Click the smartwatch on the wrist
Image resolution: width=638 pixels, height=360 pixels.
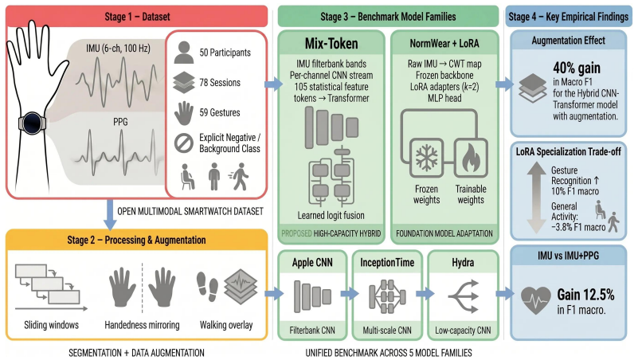point(33,123)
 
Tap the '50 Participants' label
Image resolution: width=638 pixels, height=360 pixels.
point(225,53)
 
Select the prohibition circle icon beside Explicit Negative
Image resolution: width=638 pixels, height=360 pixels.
point(184,143)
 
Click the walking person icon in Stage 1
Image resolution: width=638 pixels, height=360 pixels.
point(239,177)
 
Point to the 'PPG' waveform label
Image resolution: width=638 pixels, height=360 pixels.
point(120,122)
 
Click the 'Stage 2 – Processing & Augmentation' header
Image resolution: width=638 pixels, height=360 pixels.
point(137,240)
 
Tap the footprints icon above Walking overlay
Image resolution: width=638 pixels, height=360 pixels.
point(207,287)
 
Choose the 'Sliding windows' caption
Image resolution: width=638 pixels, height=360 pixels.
point(51,325)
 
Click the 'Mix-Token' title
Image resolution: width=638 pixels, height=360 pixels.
point(331,44)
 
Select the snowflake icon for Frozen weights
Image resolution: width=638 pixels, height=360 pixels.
point(426,158)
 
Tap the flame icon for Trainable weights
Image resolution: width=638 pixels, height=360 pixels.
point(472,158)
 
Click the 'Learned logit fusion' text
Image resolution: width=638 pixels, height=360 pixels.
point(331,215)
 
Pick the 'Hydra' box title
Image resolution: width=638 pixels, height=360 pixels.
point(463,262)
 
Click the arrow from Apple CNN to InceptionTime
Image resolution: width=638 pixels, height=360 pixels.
point(350,293)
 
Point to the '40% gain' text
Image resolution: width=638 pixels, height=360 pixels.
point(577,68)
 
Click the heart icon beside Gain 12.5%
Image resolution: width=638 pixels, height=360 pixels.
point(536,300)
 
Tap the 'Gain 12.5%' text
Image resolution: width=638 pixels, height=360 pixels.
point(586,294)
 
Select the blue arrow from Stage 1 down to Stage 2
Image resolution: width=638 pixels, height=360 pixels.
point(109,215)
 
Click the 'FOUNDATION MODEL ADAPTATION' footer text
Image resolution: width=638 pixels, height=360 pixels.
point(444,233)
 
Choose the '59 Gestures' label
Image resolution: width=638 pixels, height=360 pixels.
point(220,112)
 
